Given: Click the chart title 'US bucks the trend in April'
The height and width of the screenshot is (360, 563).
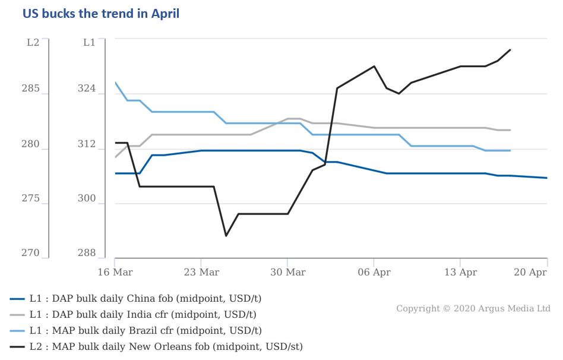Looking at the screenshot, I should tap(101, 14).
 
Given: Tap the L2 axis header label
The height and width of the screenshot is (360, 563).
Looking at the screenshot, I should tap(33, 42).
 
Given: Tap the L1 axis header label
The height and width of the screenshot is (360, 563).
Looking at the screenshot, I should tap(89, 42).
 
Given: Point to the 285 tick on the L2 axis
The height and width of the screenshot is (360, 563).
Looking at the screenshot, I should tap(31, 89).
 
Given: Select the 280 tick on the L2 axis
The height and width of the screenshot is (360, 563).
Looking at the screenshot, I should tap(31, 144).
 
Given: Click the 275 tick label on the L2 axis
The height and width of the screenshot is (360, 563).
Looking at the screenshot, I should tap(31, 199).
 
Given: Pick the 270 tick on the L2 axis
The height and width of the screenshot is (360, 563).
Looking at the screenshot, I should tap(31, 254).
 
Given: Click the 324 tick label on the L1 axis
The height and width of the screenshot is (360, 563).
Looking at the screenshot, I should tap(87, 89).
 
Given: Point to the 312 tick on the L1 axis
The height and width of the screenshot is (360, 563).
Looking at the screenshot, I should tap(87, 144).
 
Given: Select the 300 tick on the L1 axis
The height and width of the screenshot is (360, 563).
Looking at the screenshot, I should tap(87, 199).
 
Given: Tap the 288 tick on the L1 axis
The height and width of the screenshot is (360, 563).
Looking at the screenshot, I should tap(87, 254).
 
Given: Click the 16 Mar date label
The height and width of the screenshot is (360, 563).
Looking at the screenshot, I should tap(114, 273).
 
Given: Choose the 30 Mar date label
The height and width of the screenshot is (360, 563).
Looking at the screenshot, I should tap(287, 273).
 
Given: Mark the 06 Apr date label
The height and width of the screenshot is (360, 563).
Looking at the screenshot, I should tap(374, 273).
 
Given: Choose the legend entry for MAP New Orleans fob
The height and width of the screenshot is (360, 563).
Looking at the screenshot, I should tap(158, 346).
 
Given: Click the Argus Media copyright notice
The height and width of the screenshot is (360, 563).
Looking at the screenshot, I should tap(473, 309).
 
